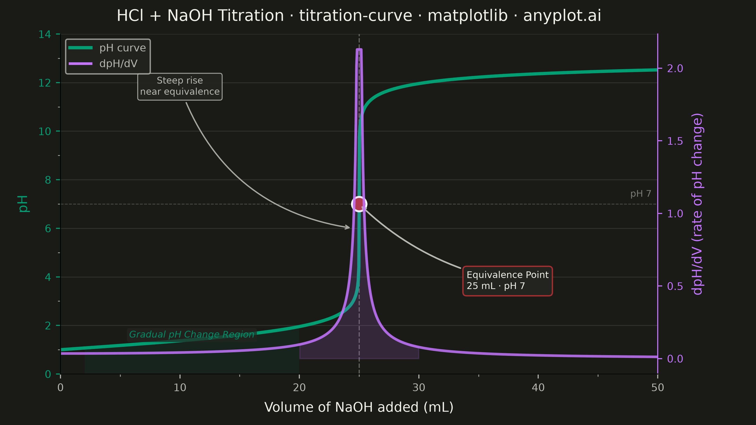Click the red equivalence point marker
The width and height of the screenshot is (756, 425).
click(359, 204)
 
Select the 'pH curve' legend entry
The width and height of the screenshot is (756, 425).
click(107, 48)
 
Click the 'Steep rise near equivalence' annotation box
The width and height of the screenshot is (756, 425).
click(180, 86)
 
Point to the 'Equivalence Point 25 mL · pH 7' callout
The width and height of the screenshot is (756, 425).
click(507, 281)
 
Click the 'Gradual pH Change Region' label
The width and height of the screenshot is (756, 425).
click(192, 335)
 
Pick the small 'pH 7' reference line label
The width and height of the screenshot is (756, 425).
click(641, 194)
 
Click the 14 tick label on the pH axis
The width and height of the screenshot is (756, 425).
click(45, 34)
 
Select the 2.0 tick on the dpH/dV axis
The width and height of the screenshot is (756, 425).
click(675, 69)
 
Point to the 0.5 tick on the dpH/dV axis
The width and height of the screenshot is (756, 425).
click(675, 286)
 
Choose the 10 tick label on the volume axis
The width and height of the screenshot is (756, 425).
click(180, 388)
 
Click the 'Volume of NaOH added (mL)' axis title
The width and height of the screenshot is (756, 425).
click(359, 407)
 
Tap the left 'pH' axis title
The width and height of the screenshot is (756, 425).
click(23, 204)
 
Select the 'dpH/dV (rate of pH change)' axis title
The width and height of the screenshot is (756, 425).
click(697, 204)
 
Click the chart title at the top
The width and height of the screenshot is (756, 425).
click(359, 16)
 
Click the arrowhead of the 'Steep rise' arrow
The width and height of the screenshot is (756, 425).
click(348, 227)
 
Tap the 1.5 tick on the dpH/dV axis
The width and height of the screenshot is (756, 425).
click(675, 141)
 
